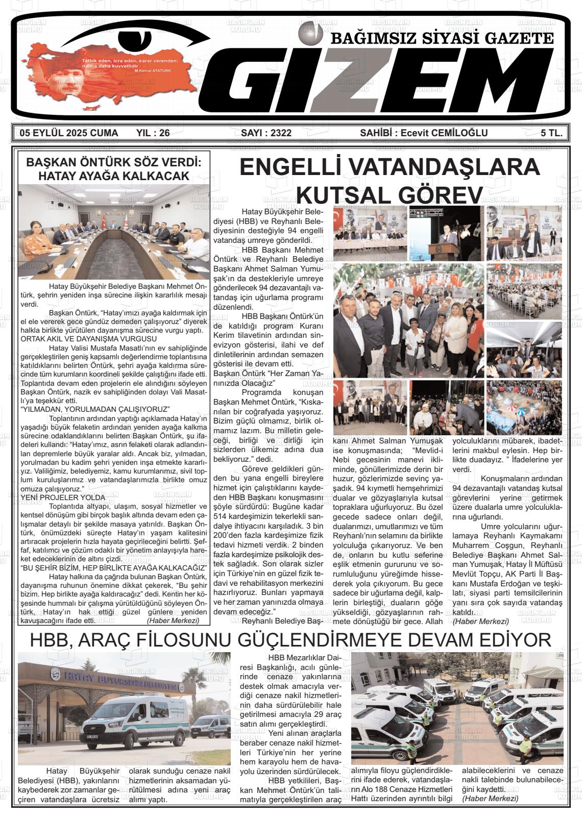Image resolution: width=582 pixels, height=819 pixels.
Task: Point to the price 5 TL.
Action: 552,134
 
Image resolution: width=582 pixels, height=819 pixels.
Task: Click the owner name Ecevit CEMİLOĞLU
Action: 444,134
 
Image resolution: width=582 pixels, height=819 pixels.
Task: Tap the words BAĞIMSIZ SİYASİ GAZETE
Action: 443,39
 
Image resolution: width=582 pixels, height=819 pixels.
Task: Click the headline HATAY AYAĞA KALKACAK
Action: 114,176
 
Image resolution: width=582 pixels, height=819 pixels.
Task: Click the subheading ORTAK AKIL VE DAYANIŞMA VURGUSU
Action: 88,338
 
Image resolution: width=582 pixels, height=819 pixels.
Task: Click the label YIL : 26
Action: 153,134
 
